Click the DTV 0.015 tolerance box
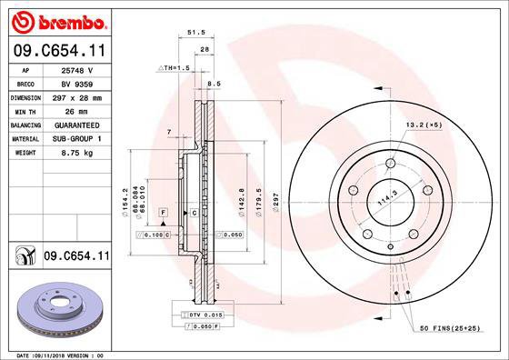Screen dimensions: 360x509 202,314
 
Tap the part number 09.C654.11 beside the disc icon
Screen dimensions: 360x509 75,257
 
